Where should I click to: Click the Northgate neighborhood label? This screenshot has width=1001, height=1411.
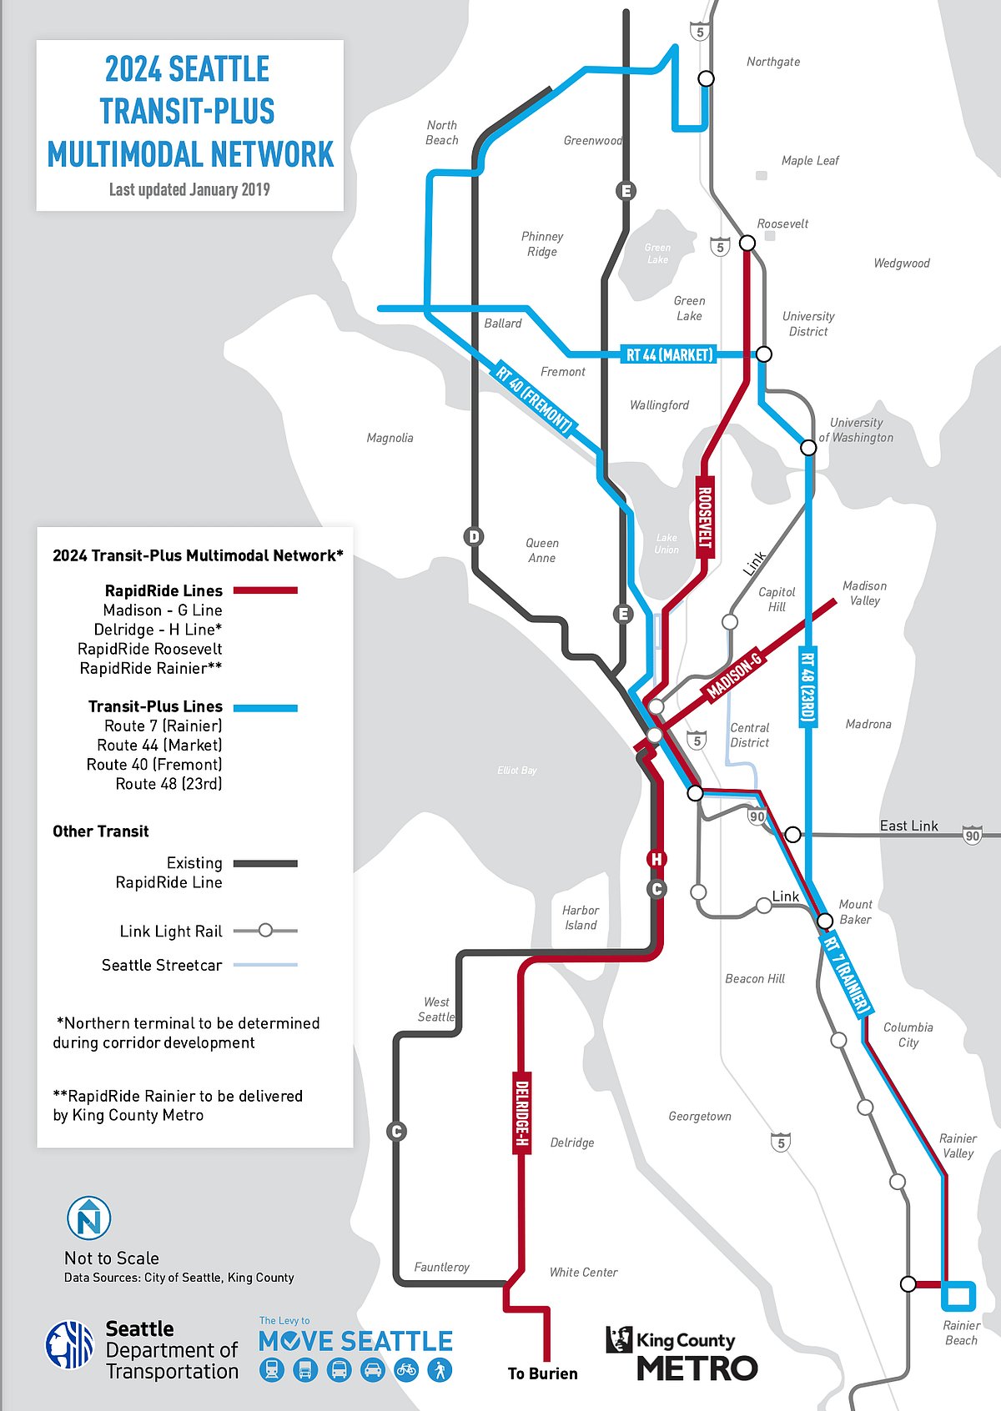[x=773, y=62]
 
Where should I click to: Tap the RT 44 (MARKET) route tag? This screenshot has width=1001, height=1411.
[x=670, y=354]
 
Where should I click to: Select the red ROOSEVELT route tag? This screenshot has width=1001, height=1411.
[x=705, y=516]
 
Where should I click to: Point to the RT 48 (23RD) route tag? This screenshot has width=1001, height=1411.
[x=807, y=686]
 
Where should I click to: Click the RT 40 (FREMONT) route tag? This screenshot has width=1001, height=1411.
[x=535, y=399]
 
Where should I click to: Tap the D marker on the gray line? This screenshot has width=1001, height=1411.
[x=474, y=536]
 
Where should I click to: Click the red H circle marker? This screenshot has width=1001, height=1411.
[x=656, y=859]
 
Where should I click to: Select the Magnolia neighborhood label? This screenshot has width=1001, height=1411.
[x=390, y=438]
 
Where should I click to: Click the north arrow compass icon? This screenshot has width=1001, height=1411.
[x=88, y=1218]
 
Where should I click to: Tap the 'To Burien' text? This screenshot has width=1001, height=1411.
[x=542, y=1373]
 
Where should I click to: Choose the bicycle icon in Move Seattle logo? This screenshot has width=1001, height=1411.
[x=406, y=1369]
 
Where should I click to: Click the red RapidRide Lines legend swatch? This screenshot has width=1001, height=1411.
[x=265, y=590]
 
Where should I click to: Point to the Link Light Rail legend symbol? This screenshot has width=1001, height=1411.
[x=265, y=930]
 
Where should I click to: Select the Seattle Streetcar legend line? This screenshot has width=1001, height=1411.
[x=265, y=965]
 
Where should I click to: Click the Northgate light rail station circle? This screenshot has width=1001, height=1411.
[x=706, y=78]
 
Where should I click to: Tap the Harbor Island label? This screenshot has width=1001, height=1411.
[x=581, y=917]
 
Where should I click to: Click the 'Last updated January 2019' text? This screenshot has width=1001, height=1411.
[x=189, y=189]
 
